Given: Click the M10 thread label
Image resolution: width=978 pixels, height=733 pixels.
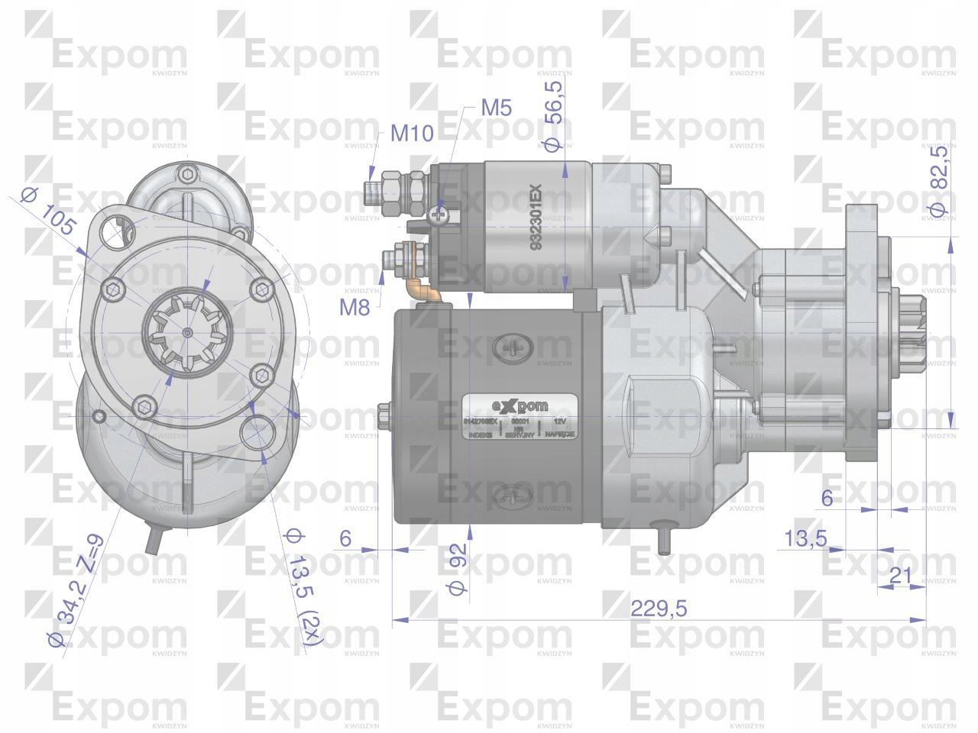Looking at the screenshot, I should (x=412, y=134).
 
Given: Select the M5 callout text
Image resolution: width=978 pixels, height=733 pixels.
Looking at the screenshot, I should (x=496, y=108).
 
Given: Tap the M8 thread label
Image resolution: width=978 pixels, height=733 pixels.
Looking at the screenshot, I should (x=355, y=308).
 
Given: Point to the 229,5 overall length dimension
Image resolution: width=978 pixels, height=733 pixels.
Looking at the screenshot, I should (x=659, y=609).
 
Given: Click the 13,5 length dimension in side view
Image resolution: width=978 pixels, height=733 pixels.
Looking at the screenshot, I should (x=806, y=538).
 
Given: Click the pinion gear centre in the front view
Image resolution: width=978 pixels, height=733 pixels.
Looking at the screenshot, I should (x=188, y=331).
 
